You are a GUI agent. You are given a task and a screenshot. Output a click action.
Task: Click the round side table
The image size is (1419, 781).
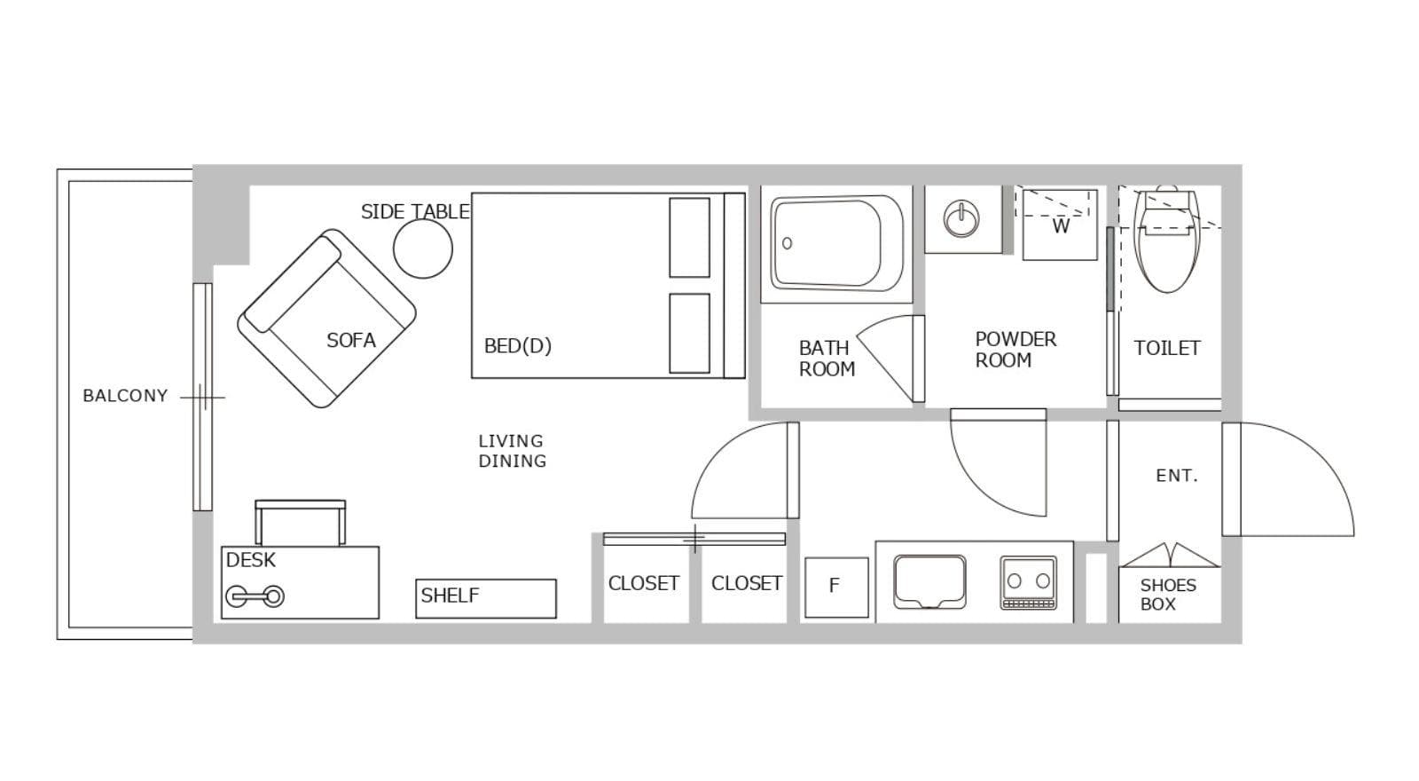pos(422,248)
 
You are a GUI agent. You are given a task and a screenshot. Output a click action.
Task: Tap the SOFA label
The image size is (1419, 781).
pos(351,341)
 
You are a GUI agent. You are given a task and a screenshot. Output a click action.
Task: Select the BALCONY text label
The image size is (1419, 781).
pos(125,396)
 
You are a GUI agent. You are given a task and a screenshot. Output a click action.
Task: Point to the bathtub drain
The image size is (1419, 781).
pos(788,243)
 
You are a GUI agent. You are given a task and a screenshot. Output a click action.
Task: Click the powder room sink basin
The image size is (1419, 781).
pos(961,218)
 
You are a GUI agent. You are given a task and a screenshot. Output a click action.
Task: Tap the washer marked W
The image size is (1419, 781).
pos(1060,225)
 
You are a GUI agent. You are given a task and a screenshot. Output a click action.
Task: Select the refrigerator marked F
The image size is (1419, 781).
pos(836,587)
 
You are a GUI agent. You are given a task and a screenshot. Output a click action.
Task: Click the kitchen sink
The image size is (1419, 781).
pos(929,582)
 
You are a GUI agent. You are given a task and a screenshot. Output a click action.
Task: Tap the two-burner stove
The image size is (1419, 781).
pos(1028,582)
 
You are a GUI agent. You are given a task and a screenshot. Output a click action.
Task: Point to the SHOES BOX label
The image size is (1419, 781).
pos(1168,594)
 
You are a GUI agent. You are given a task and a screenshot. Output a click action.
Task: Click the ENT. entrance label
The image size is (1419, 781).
pos(1177,476)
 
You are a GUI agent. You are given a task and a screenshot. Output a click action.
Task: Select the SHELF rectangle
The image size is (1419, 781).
pos(486,598)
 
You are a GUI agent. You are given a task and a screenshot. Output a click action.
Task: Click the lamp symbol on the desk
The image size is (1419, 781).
pos(255,596)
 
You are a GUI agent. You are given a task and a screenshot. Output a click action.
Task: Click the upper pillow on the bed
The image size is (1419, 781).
pos(689,238)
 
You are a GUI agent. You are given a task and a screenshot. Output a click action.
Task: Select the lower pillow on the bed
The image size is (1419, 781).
pos(689,334)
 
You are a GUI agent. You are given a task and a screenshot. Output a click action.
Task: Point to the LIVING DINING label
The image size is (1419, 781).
pos(512,451)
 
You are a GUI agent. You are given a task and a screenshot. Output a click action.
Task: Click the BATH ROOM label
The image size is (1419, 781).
pos(826,359)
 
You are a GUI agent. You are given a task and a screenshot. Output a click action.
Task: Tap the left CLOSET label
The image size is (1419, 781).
pos(644,583)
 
